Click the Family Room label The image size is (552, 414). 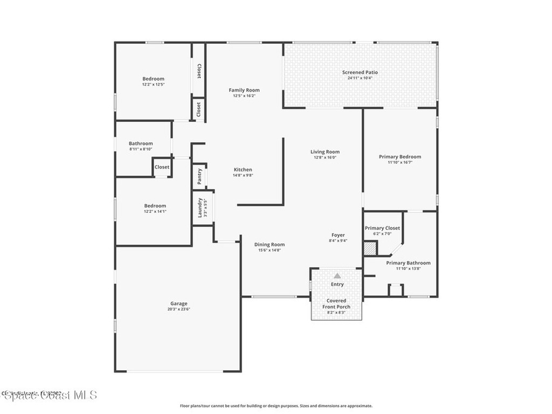tap(244, 90)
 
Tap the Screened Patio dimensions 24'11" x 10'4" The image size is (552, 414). tap(360, 78)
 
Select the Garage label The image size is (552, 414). tap(179, 303)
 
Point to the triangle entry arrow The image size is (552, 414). tap(337, 275)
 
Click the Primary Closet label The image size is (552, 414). tap(382, 228)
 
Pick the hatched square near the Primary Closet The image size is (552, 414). tap(370, 249)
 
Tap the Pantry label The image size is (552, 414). tap(199, 176)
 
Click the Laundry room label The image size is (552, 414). tap(200, 208)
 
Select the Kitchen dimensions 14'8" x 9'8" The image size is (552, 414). tap(243, 175)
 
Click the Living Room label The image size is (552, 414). tap(325, 152)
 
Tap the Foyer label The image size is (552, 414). tap(338, 235)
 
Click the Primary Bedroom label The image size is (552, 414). tap(400, 157)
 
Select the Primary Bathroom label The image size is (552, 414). tap(408, 263)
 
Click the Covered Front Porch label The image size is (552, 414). tap(336, 303)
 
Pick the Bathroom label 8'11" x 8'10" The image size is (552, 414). tap(141, 143)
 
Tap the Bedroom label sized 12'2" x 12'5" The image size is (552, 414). tap(153, 79)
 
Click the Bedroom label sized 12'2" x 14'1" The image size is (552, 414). tap(155, 206)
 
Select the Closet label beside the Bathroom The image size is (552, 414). tap(162, 167)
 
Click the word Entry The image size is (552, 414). tap(337, 284)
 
